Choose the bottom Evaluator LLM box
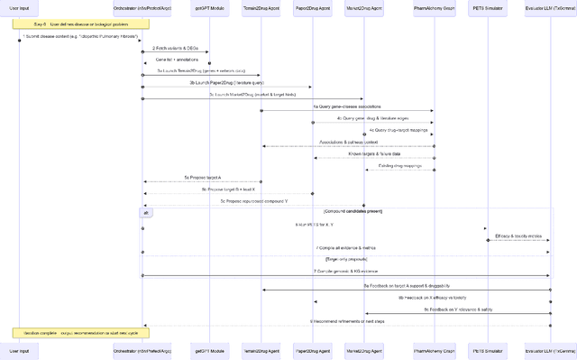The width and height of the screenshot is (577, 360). pyautogui.click(x=550, y=348)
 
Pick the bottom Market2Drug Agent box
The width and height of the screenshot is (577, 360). pyautogui.click(x=364, y=348)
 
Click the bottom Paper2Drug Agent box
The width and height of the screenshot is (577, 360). pyautogui.click(x=313, y=348)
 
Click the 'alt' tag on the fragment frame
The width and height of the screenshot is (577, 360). pyautogui.click(x=147, y=212)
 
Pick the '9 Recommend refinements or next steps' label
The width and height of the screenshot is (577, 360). pyautogui.click(x=348, y=320)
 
